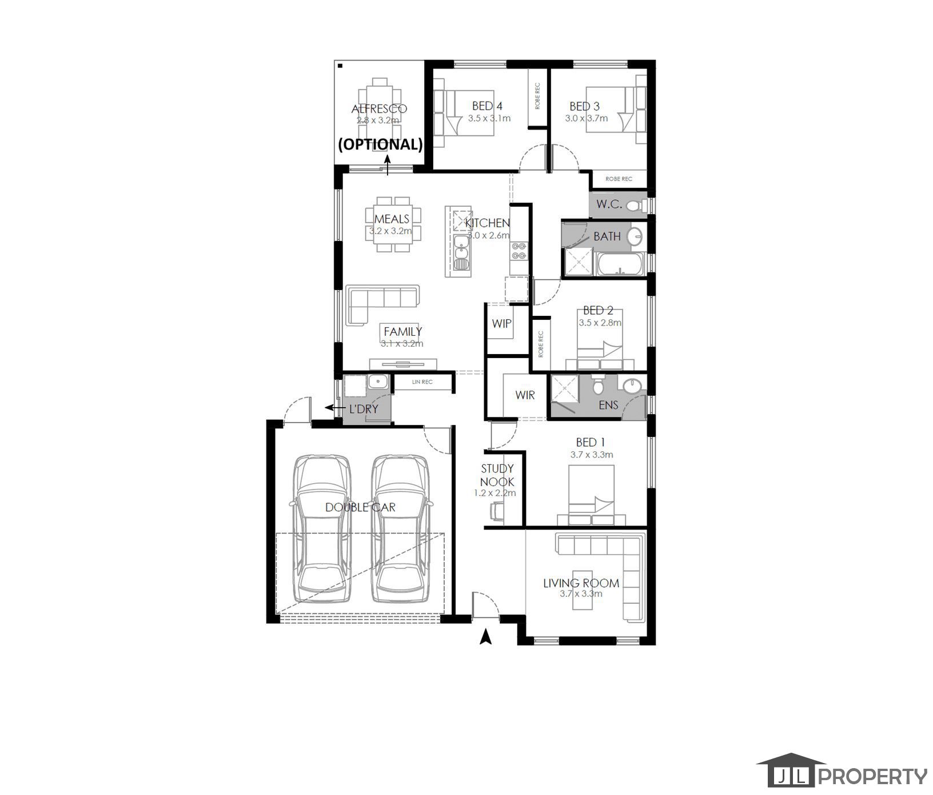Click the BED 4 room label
click(x=487, y=106)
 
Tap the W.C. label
click(x=609, y=204)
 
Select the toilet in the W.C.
click(x=633, y=206)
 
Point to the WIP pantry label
click(x=501, y=324)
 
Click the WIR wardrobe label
click(x=524, y=395)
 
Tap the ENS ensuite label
click(x=608, y=405)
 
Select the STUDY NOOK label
click(x=497, y=475)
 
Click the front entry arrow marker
click(x=485, y=637)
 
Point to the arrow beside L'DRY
click(x=330, y=408)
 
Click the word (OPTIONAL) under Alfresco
click(x=380, y=144)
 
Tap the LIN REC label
click(x=422, y=382)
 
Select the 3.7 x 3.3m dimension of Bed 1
click(x=591, y=455)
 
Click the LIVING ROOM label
click(x=581, y=583)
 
